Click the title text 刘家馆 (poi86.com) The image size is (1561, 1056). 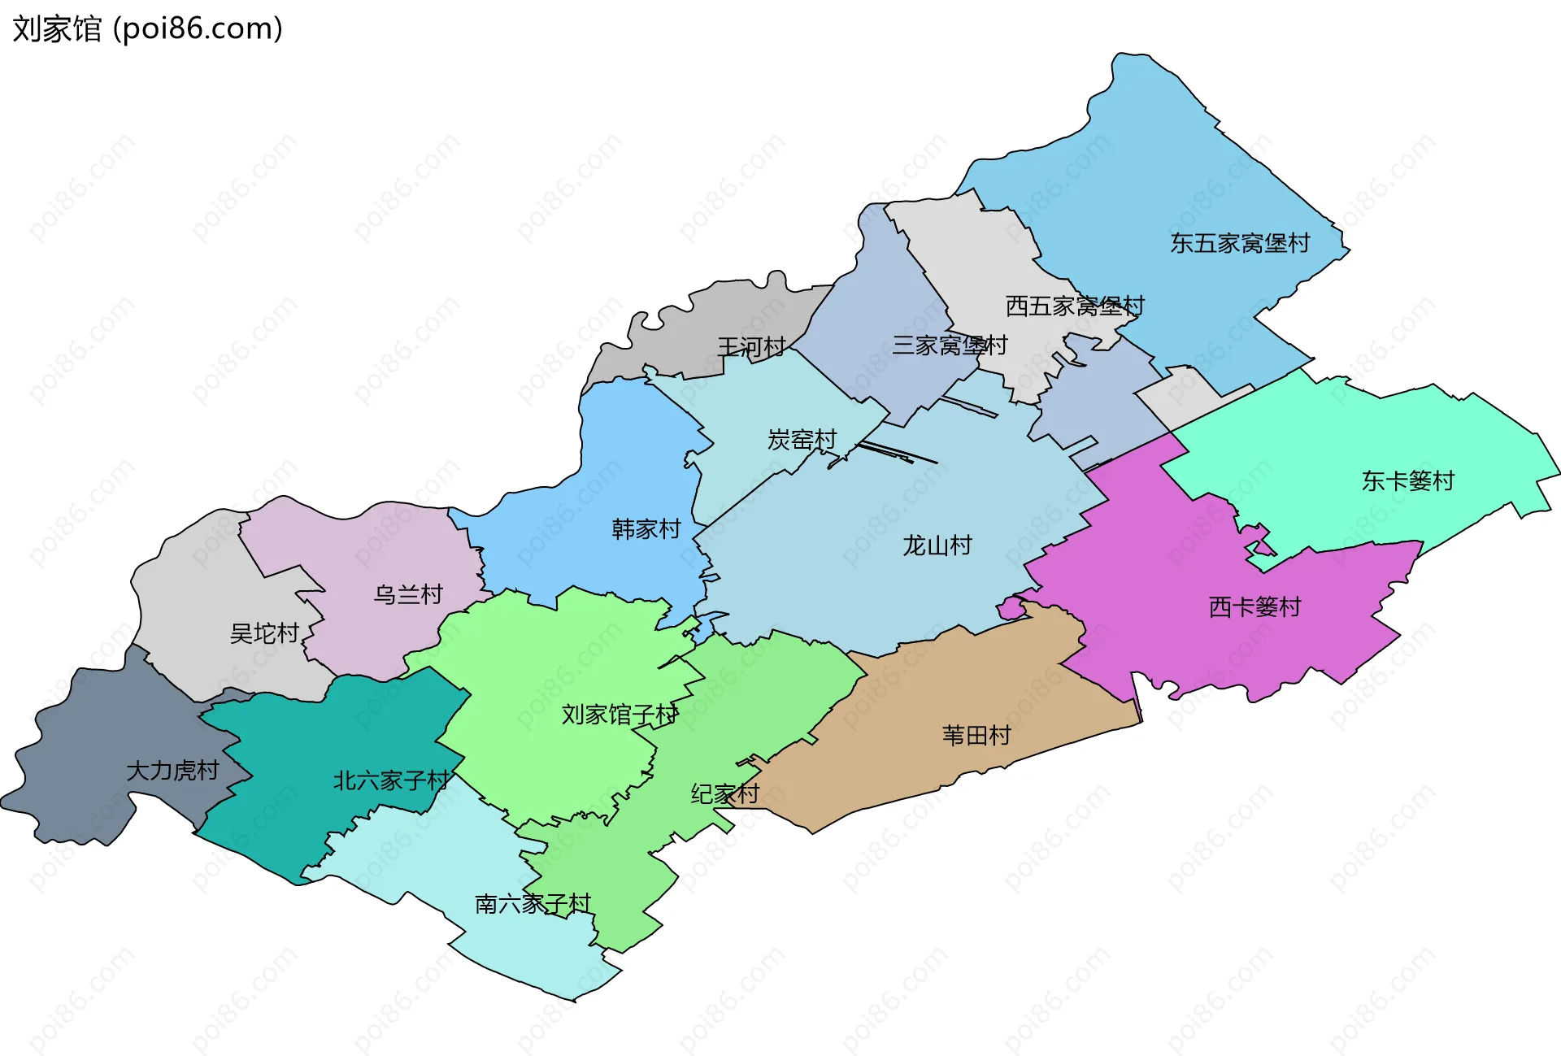[147, 29]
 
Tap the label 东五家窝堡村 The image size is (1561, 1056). [1240, 243]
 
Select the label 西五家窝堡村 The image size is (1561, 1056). [1075, 306]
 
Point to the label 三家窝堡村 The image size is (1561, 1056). [950, 345]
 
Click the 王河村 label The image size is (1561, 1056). [751, 348]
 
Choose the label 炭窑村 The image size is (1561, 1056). [802, 440]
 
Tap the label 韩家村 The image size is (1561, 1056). [646, 529]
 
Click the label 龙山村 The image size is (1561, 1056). [937, 545]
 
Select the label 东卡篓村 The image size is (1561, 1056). [1407, 481]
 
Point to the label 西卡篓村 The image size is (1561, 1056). [1254, 607]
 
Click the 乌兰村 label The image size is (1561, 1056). [407, 595]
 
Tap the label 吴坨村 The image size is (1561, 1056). [264, 633]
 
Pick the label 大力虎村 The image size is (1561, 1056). [172, 771]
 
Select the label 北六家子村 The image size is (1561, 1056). [391, 781]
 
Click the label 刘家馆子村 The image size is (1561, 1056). [620, 715]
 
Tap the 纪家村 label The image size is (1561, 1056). [724, 794]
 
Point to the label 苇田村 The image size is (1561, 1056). [976, 736]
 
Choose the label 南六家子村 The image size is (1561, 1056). [533, 904]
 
